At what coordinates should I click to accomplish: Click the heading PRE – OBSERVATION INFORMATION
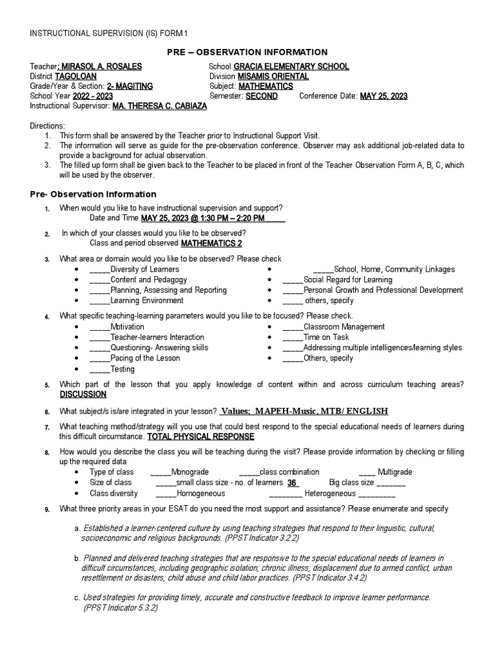pos(247,52)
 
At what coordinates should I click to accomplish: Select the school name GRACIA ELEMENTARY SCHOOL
pos(291,67)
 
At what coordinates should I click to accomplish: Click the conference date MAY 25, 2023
pos(383,96)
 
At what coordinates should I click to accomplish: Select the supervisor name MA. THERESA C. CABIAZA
pos(160,106)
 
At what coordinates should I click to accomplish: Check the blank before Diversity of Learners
pos(100,270)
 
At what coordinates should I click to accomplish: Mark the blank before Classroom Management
pos(293,327)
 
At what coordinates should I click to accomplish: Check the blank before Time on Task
pos(293,337)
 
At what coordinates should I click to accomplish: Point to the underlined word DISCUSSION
pos(83,394)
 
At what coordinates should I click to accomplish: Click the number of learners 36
pos(292,483)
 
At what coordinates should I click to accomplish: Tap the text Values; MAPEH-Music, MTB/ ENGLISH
pos(304,412)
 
